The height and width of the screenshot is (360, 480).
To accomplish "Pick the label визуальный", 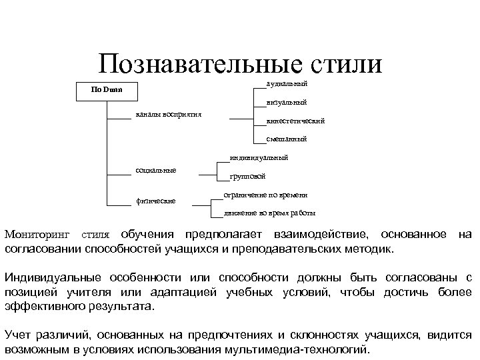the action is [x=286, y=103].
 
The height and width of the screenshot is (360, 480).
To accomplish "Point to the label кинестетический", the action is [x=295, y=121].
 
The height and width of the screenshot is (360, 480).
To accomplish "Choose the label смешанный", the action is [x=286, y=139].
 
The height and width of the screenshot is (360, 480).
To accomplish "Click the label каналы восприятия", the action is [x=168, y=115].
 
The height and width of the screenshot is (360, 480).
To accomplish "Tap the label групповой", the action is [x=247, y=177].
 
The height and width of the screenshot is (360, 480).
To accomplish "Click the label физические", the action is [x=155, y=200].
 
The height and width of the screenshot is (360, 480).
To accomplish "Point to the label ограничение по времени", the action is [x=265, y=195].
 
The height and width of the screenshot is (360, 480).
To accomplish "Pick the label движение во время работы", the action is [x=270, y=213].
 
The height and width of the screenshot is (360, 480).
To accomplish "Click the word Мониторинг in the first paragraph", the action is [x=39, y=235].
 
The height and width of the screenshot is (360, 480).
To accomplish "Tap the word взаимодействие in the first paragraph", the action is [x=320, y=235].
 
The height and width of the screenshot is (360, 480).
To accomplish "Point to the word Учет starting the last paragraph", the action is [x=19, y=335].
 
